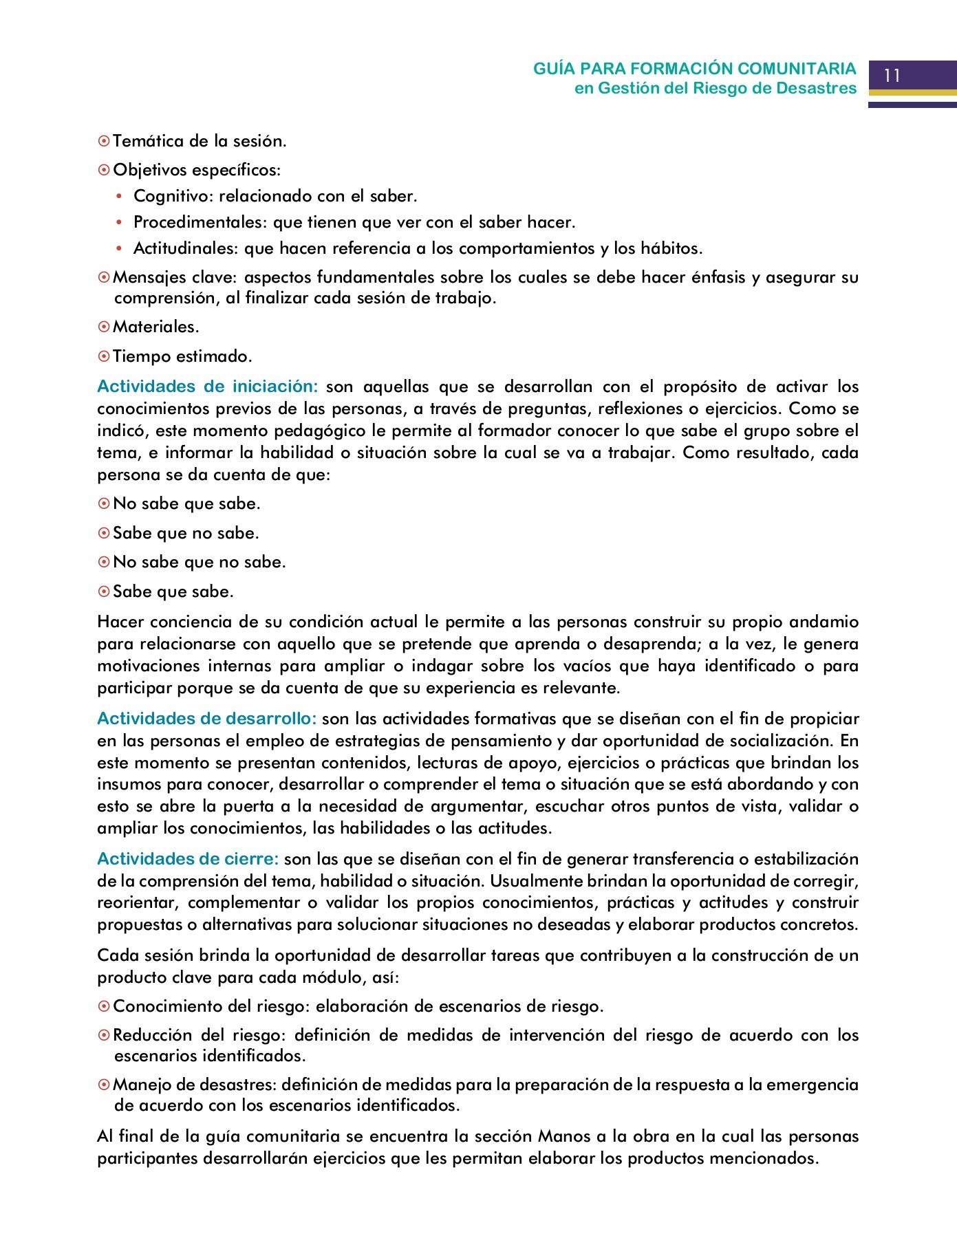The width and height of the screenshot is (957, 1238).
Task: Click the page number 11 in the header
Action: pyautogui.click(x=892, y=76)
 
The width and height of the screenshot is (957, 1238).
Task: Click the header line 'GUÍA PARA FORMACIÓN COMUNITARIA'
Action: pyautogui.click(x=695, y=69)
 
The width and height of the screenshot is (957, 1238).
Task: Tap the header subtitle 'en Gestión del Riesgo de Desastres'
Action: pyautogui.click(x=716, y=89)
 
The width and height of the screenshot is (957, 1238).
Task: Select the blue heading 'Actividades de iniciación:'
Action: pyautogui.click(x=207, y=387)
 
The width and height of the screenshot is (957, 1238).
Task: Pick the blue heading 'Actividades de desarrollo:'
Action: pyautogui.click(x=206, y=719)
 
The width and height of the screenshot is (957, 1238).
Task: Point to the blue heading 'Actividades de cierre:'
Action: pyautogui.click(x=188, y=859)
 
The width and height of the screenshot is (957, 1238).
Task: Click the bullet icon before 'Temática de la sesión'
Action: pyautogui.click(x=104, y=142)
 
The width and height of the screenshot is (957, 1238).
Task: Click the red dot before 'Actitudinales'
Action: pyautogui.click(x=118, y=249)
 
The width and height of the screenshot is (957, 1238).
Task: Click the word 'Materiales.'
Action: pyautogui.click(x=156, y=327)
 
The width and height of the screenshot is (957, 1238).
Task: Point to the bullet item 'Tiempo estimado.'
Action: pyautogui.click(x=182, y=357)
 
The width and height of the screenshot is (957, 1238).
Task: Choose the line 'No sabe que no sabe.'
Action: pyautogui.click(x=199, y=563)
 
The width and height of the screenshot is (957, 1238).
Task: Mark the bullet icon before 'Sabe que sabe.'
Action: pyautogui.click(x=104, y=592)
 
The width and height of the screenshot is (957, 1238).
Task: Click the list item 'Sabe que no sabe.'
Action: pyautogui.click(x=186, y=534)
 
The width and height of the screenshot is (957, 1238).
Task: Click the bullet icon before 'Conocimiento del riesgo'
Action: pyautogui.click(x=104, y=1007)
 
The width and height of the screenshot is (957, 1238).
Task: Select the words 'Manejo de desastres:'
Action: pyautogui.click(x=195, y=1085)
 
